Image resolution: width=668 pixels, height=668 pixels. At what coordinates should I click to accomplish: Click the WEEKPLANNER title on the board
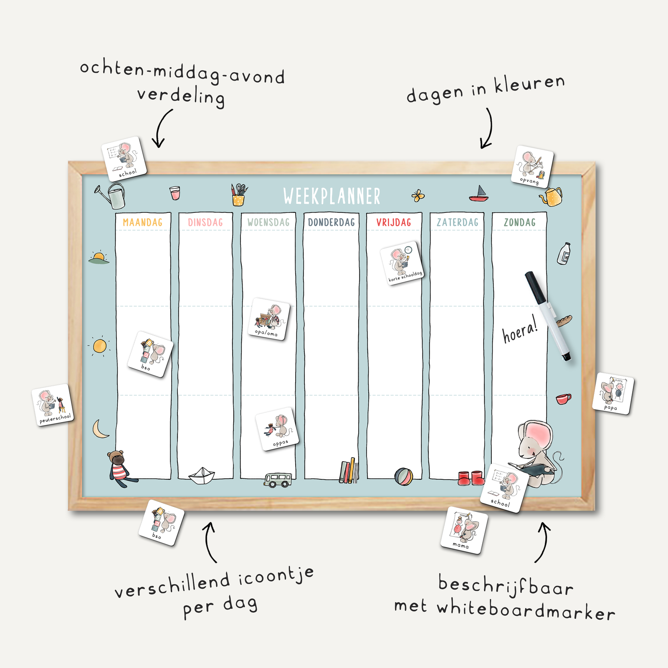(331, 196)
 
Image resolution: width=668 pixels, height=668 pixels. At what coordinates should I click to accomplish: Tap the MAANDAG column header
(142, 223)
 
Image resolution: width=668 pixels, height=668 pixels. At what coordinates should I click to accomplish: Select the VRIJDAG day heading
(394, 223)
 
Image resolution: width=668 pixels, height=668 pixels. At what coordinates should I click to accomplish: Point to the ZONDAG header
(519, 223)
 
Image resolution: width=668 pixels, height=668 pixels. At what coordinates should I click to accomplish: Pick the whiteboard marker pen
(548, 315)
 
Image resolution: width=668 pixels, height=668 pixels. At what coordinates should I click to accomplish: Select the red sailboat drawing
(479, 194)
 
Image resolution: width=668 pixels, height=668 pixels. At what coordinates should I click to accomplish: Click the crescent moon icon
(100, 429)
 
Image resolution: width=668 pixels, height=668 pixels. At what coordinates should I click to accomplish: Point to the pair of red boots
(471, 478)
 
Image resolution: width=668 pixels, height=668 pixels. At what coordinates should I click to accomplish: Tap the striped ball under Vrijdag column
(403, 476)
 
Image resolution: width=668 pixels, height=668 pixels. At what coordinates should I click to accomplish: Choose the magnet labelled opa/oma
(269, 319)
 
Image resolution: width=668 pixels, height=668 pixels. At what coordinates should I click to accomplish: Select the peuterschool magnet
(53, 405)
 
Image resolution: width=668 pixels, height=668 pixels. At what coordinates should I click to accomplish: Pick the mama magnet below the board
(464, 530)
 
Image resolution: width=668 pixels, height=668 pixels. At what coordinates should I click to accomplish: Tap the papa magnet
(613, 394)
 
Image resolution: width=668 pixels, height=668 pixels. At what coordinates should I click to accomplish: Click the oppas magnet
(277, 429)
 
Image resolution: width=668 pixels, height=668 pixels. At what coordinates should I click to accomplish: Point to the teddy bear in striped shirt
(120, 468)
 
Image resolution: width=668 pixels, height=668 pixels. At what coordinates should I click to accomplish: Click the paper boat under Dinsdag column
(202, 476)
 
